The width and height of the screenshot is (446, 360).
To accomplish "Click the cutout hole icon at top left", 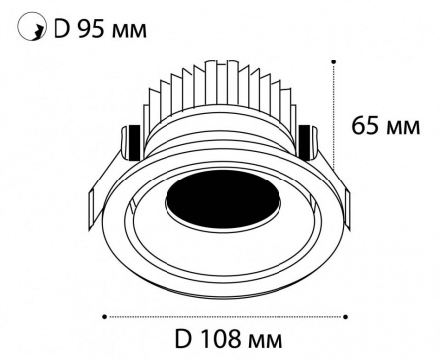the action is point(32,26).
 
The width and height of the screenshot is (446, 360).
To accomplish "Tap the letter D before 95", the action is point(61,29).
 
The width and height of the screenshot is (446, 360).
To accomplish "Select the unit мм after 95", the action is point(129,32).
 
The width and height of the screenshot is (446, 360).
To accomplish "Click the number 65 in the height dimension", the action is point(364,126).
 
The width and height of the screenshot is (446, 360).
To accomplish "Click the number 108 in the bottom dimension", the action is point(220,339).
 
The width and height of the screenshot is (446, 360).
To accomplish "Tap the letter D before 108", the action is point(183,339).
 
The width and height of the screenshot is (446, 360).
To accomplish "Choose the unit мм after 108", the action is point(265,341).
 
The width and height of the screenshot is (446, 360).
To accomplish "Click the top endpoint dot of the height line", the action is point(334,61).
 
